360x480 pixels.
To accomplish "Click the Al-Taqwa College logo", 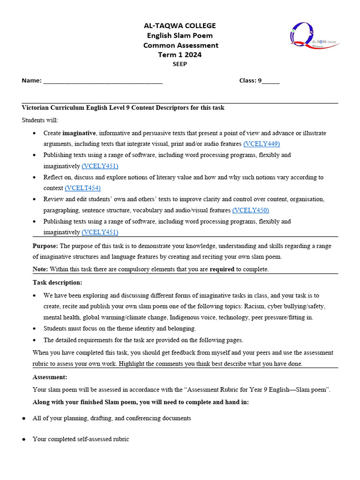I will (x=314, y=36).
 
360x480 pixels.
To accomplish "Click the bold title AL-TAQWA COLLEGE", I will (x=180, y=26).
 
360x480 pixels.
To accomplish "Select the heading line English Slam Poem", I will (x=180, y=36).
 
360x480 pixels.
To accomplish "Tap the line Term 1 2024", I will (x=180, y=55).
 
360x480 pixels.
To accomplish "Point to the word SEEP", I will (x=180, y=64).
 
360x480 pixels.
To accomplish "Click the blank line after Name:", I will (x=103, y=81).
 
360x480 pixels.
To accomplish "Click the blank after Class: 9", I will (x=271, y=81).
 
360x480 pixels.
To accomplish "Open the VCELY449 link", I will (x=262, y=144).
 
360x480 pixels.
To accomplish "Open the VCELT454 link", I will (x=82, y=188).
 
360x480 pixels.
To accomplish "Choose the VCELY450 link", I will (x=250, y=210).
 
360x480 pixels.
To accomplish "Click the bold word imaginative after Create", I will (x=79, y=133).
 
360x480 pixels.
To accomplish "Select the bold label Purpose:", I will (x=45, y=246).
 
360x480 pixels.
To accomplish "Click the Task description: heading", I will (x=57, y=283).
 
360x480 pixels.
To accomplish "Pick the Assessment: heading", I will (x=50, y=377).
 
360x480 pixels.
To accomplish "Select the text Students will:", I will (x=40, y=120).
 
